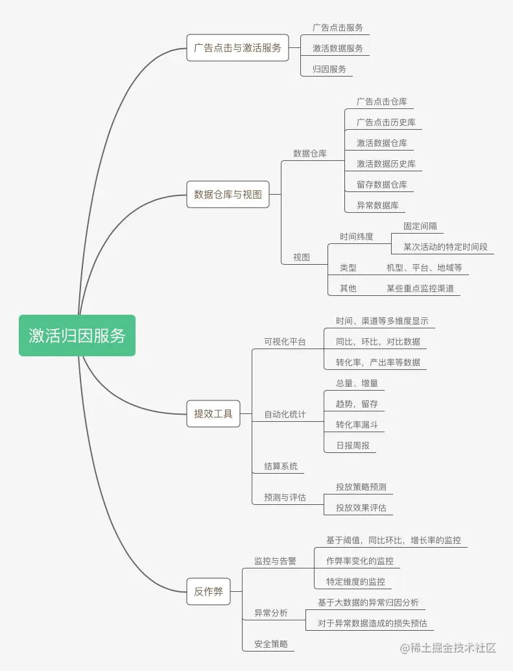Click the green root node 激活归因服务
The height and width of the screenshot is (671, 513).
click(x=77, y=335)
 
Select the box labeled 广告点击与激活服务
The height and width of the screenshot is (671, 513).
click(x=237, y=48)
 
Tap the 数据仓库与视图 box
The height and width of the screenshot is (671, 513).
click(x=228, y=195)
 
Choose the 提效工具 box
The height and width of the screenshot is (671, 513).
click(x=213, y=413)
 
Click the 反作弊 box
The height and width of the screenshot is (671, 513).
click(x=208, y=591)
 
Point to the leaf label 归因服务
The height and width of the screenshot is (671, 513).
click(x=329, y=69)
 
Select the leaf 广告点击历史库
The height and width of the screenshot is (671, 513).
click(x=386, y=122)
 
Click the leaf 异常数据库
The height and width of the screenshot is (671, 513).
click(x=377, y=205)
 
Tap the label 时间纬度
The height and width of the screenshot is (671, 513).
click(x=357, y=236)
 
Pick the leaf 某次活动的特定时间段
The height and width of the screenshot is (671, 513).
click(x=445, y=247)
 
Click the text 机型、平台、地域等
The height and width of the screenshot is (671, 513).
click(x=424, y=267)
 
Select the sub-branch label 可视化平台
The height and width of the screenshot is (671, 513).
click(x=285, y=341)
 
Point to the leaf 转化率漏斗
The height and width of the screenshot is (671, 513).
click(x=357, y=424)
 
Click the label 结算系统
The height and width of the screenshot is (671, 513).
click(x=281, y=466)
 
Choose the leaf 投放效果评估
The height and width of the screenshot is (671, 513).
click(x=361, y=507)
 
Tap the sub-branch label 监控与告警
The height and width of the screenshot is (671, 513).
click(x=275, y=561)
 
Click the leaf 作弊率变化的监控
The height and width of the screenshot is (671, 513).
click(x=360, y=561)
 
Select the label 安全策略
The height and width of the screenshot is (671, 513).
click(x=271, y=644)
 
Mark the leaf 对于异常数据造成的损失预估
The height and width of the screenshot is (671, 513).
click(x=372, y=623)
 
